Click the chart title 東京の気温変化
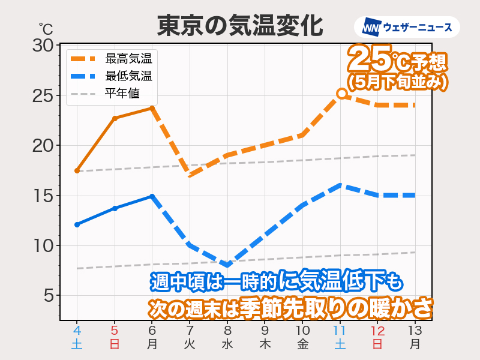(x=240, y=26)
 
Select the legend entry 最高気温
(x=128, y=59)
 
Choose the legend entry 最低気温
(x=128, y=76)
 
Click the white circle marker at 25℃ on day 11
(x=341, y=94)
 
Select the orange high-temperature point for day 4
(x=77, y=170)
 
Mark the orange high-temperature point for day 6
(x=152, y=108)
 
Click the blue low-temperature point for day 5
(x=115, y=208)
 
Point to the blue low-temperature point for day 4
(x=77, y=224)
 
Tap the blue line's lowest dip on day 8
(x=227, y=265)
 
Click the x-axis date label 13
(x=415, y=331)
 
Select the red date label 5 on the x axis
(x=115, y=331)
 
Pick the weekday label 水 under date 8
(x=227, y=344)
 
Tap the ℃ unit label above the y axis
(x=46, y=28)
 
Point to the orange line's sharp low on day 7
(x=190, y=175)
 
